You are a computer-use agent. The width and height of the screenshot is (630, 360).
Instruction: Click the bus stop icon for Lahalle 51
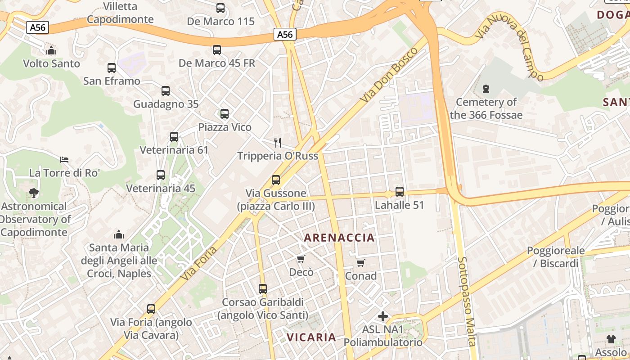pyautogui.click(x=399, y=192)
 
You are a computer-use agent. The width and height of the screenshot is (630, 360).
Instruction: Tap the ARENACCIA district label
pyautogui.click(x=339, y=238)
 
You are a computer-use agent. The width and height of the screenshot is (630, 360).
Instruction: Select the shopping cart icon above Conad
pyautogui.click(x=360, y=263)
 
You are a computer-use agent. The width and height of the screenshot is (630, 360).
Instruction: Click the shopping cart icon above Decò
pyautogui.click(x=301, y=259)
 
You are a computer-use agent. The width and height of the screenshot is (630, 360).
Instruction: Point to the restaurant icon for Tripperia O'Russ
pyautogui.click(x=278, y=143)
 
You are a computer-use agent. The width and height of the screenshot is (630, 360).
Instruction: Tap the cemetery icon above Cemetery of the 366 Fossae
pyautogui.click(x=486, y=89)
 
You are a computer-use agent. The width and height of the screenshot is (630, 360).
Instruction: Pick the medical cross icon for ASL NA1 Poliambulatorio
pyautogui.click(x=383, y=316)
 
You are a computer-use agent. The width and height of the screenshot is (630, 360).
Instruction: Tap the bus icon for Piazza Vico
pyautogui.click(x=225, y=114)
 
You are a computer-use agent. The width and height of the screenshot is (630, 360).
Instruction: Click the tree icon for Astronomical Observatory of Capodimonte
pyautogui.click(x=33, y=193)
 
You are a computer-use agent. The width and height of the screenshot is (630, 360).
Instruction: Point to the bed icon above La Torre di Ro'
pyautogui.click(x=64, y=160)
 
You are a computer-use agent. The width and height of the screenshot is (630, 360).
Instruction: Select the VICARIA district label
pyautogui.click(x=311, y=337)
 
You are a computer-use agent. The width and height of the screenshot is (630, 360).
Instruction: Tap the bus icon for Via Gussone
pyautogui.click(x=276, y=180)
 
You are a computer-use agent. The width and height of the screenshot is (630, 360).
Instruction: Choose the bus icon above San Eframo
pyautogui.click(x=112, y=68)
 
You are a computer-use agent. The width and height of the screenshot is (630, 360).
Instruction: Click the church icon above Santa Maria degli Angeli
pyautogui.click(x=119, y=234)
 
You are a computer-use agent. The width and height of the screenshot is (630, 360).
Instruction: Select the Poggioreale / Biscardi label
pyautogui.click(x=556, y=257)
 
